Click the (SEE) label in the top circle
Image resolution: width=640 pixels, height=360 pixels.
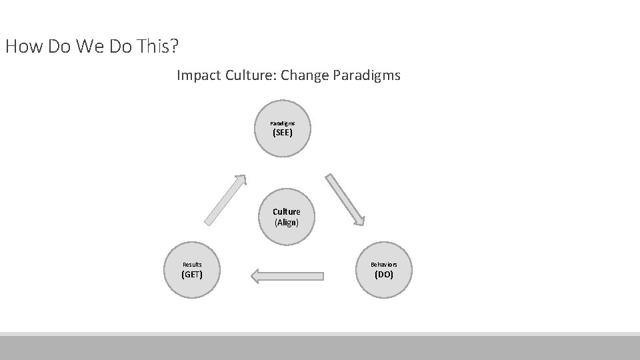pyautogui.click(x=283, y=133)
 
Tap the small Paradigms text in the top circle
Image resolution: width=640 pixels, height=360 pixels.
pyautogui.click(x=282, y=123)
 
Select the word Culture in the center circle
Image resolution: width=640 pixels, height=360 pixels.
pyautogui.click(x=286, y=211)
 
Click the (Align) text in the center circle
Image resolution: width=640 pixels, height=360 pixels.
pyautogui.click(x=286, y=222)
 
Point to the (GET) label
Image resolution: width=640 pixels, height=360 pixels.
pyautogui.click(x=192, y=274)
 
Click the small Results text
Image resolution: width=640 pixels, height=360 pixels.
pyautogui.click(x=192, y=265)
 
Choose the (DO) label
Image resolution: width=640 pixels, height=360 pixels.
pyautogui.click(x=384, y=274)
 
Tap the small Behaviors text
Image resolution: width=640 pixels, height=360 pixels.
pyautogui.click(x=384, y=265)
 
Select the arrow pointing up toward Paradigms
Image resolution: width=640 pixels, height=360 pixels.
pyautogui.click(x=225, y=200)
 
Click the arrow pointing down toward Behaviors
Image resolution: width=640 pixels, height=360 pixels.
pyautogui.click(x=345, y=199)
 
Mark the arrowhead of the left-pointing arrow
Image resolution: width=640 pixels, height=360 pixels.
pyautogui.click(x=254, y=275)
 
